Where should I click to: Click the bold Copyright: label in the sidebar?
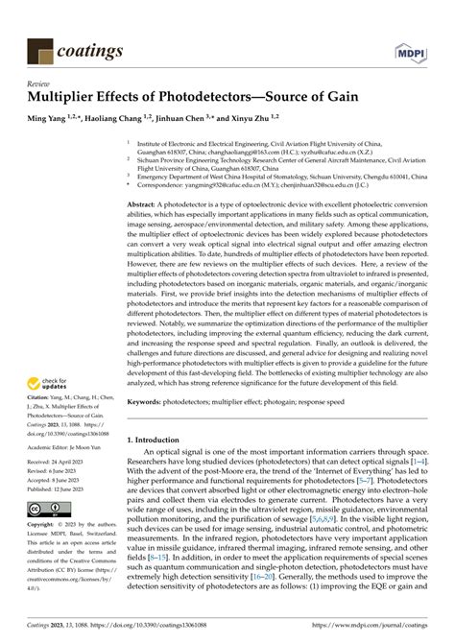coord(42,526)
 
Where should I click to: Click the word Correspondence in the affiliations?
coord(166,186)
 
